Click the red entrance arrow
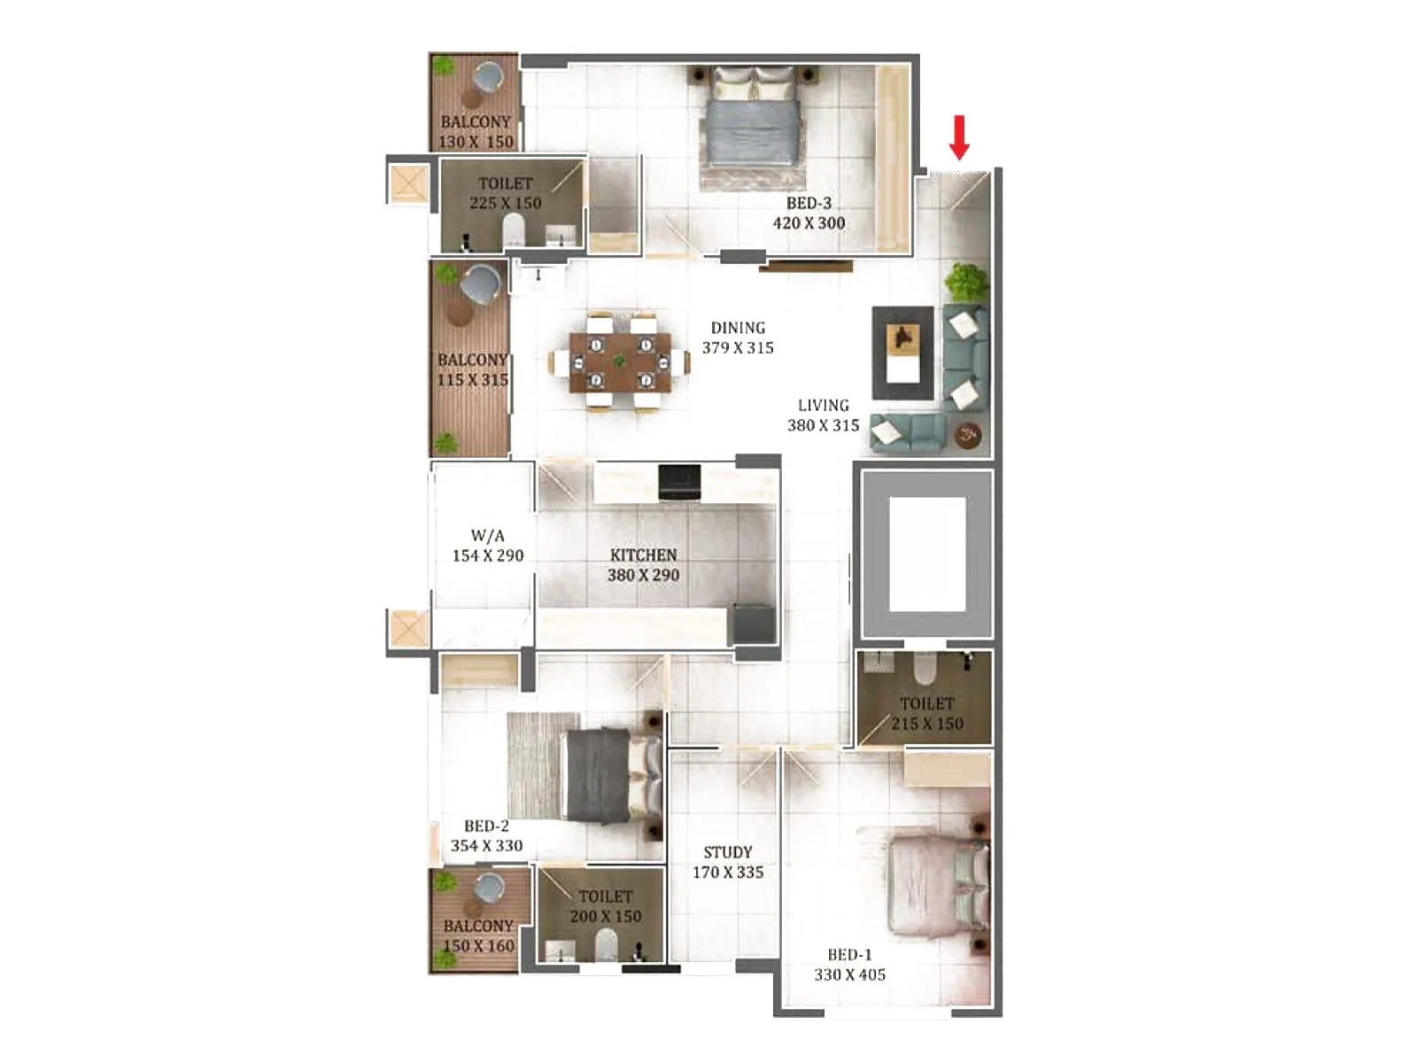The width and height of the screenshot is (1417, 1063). point(959,137)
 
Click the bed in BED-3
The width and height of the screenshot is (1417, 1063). point(750,128)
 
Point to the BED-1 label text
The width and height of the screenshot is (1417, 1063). point(849,955)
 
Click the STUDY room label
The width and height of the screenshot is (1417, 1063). point(727,852)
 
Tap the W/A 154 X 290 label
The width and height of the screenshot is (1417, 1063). point(488,546)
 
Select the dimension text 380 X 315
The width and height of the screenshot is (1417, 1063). point(823,425)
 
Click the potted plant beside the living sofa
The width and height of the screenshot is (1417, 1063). point(965,282)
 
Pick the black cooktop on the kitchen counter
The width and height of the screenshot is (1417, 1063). point(679,481)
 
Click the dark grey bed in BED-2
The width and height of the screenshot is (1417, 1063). point(611,775)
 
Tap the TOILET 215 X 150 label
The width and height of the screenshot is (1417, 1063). point(926,713)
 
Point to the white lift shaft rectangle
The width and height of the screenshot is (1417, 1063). point(926,554)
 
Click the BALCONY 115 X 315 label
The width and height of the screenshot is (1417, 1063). point(472,369)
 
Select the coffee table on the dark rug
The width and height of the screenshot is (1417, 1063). point(903,352)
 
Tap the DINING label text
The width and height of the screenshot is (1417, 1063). point(738,328)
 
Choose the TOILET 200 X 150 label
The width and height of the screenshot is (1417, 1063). point(605,906)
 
